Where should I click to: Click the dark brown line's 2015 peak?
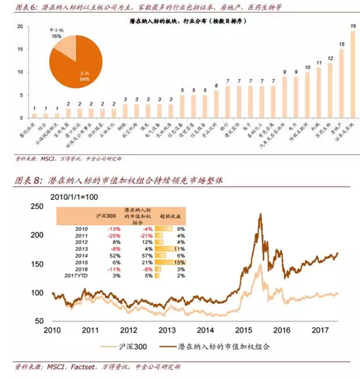(x=261, y=213)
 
